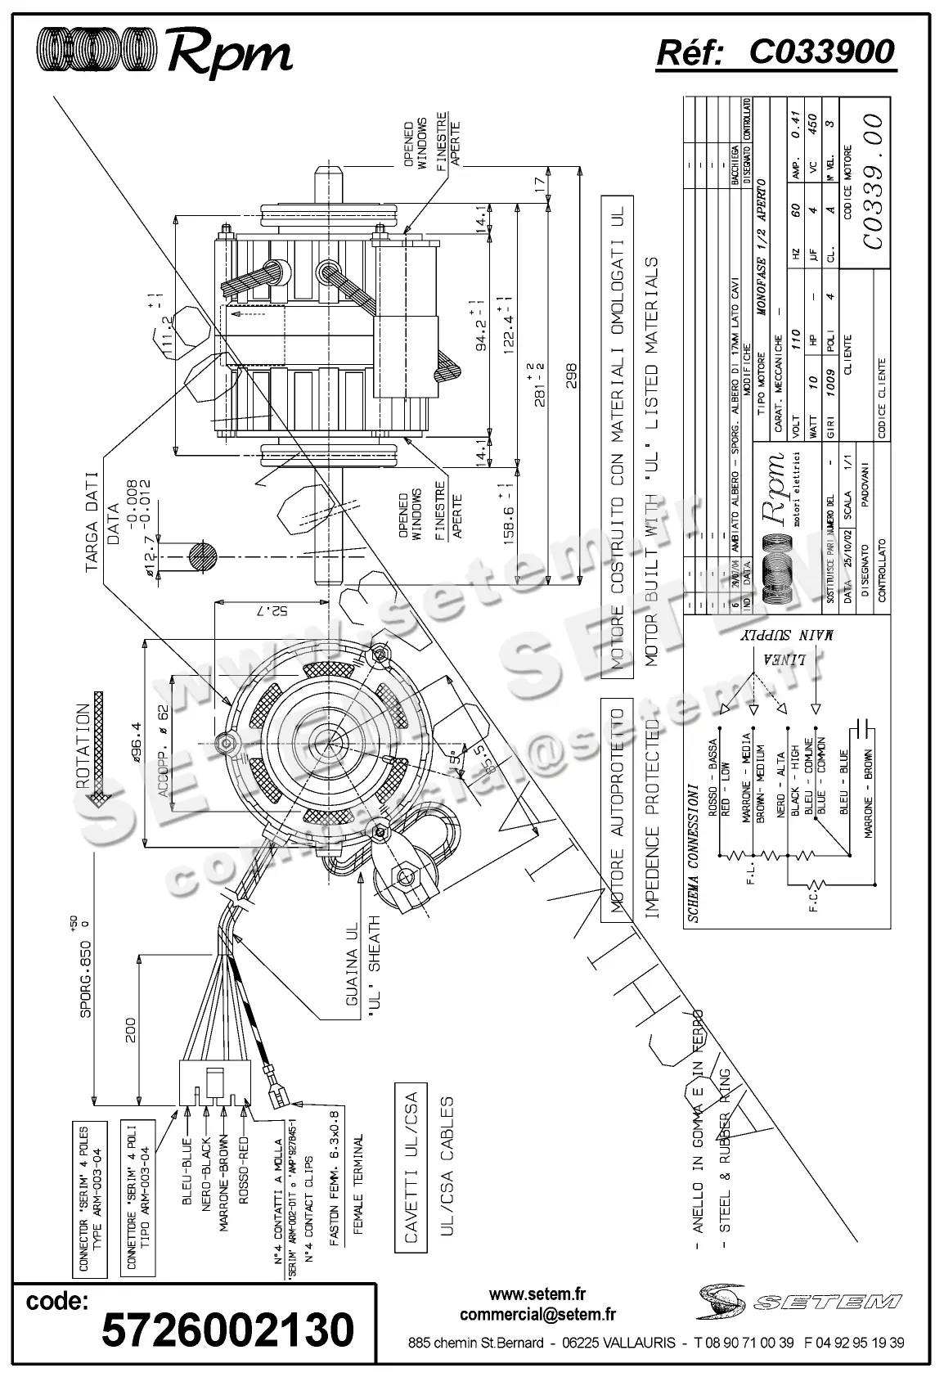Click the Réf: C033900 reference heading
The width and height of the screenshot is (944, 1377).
coord(775,52)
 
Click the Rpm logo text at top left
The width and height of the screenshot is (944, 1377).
coord(229,53)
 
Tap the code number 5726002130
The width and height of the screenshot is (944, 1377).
coord(228,1330)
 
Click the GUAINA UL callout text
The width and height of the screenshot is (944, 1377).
coord(352,976)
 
